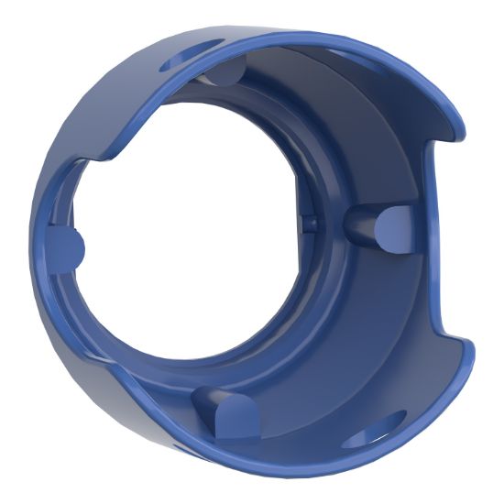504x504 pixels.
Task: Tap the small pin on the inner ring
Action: point(309,220)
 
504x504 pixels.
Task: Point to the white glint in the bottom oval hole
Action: point(389,427)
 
